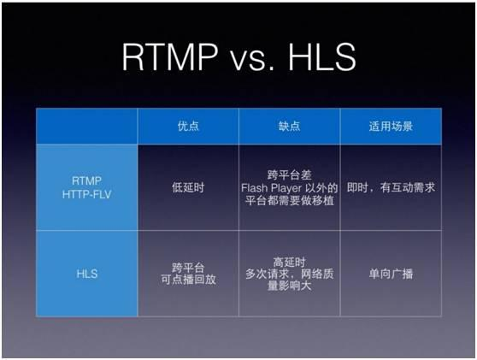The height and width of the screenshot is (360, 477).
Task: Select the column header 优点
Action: (x=188, y=126)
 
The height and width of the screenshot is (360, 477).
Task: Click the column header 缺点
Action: (x=290, y=126)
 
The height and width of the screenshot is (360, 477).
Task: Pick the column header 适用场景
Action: (x=391, y=126)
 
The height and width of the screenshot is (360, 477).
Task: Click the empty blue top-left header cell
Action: (x=86, y=126)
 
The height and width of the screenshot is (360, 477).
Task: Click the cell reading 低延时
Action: (x=188, y=186)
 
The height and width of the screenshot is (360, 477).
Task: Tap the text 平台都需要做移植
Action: (x=290, y=200)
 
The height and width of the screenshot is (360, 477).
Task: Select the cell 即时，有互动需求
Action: (x=391, y=186)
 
